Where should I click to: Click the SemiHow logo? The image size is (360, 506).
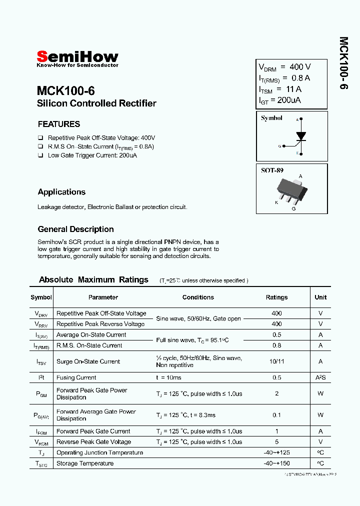pos(77,57)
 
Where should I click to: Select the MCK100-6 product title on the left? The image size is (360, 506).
pos(65,91)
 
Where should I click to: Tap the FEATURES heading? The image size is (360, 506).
pos(58,124)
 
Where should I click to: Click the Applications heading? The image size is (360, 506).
pos(61,192)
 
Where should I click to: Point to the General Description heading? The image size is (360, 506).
pos(75,229)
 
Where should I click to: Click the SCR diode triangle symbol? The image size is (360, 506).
pos(300,135)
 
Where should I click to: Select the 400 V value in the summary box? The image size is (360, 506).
pos(300,67)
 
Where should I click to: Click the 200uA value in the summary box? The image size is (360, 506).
pos(289,100)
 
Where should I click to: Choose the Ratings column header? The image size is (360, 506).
pos(276,297)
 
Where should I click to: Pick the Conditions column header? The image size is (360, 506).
pos(198,297)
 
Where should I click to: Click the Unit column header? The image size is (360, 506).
pos(320,297)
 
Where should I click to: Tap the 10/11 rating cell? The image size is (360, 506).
pos(276,361)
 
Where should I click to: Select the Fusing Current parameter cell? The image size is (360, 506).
pos(76,377)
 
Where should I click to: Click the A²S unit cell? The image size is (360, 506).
pos(320,377)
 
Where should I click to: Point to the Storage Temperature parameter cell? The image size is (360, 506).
pos(85,463)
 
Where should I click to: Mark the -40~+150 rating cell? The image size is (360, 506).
pos(276,463)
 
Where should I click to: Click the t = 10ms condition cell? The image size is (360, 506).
pos(168,377)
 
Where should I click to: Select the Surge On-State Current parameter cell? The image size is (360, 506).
pos(88,361)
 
